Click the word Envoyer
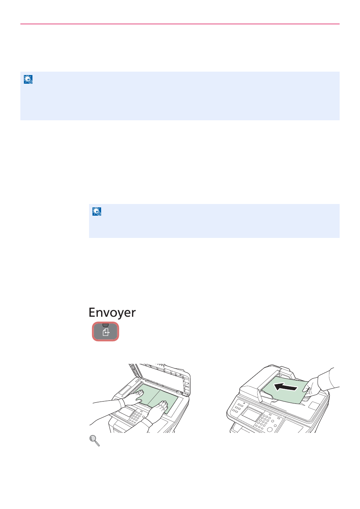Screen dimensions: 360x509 (112, 313)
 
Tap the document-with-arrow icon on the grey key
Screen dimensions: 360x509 (106, 332)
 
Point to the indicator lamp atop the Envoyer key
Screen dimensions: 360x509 (106, 325)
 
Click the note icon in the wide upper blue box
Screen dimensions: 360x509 (28, 79)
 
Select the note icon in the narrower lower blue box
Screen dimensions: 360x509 (97, 211)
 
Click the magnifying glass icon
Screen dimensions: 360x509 (94, 441)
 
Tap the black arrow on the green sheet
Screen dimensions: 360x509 (285, 387)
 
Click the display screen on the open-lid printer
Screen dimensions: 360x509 (126, 411)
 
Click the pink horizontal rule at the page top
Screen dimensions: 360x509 (180, 24)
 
